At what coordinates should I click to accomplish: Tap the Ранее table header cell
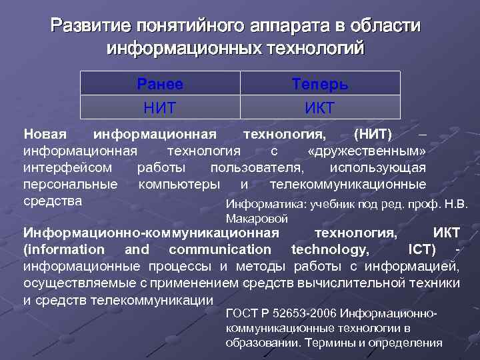[x=160, y=84]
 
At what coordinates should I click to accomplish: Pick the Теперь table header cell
[x=320, y=84]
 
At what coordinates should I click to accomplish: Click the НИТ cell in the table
[x=160, y=107]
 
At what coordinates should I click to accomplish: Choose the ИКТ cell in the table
[x=320, y=107]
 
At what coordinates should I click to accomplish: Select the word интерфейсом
[x=68, y=167]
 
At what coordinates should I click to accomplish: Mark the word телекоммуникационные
[x=347, y=183]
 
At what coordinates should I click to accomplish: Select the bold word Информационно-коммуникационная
[x=151, y=233]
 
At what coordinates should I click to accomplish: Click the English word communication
[x=220, y=249]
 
